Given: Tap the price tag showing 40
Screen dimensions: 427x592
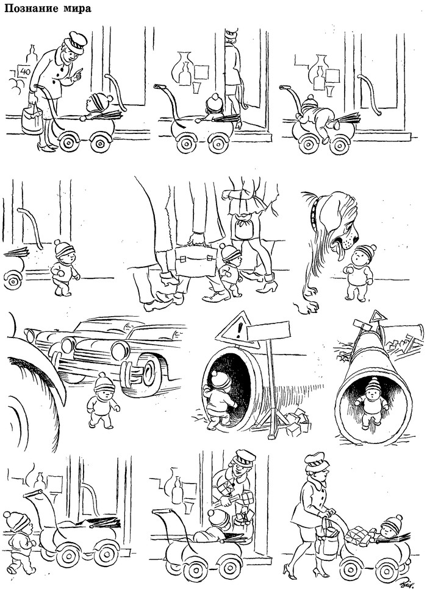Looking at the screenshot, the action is point(25,71).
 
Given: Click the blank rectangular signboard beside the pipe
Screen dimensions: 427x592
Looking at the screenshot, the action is point(269,331).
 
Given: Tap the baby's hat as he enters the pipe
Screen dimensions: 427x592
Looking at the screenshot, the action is point(220,379).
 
